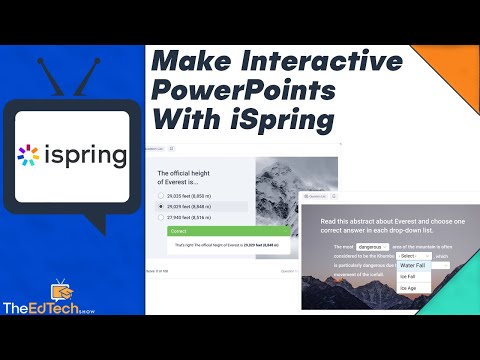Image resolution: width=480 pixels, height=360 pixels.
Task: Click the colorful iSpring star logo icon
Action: click(x=31, y=157)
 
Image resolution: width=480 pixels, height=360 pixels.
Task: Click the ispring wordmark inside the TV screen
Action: click(x=85, y=158)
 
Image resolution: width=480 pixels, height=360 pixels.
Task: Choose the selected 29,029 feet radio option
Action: click(x=163, y=206)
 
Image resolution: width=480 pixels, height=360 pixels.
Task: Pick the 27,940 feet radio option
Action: click(x=163, y=218)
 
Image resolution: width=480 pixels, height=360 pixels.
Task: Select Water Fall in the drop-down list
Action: click(x=413, y=265)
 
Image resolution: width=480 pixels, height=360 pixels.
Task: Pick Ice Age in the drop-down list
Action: click(x=409, y=288)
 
